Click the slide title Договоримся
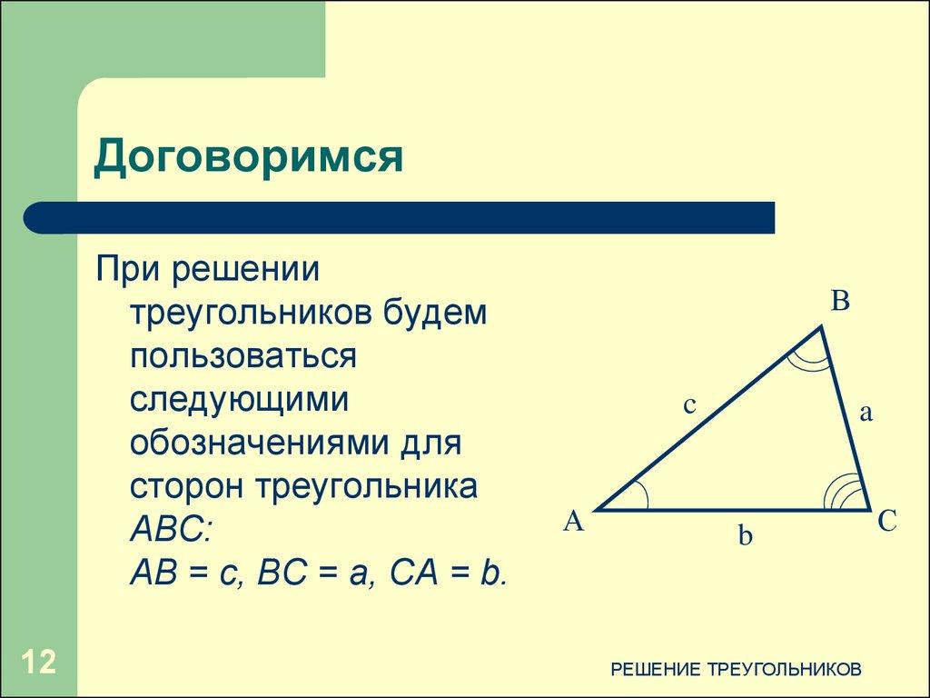pyautogui.click(x=248, y=157)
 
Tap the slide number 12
pyautogui.click(x=39, y=662)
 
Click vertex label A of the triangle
pyautogui.click(x=573, y=522)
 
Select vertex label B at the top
pyautogui.click(x=840, y=302)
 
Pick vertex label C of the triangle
pyautogui.click(x=886, y=522)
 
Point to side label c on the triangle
pyautogui.click(x=689, y=405)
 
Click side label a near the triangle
pyautogui.click(x=866, y=414)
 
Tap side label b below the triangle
pyautogui.click(x=745, y=537)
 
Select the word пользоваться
pyautogui.click(x=242, y=356)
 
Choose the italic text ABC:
pyautogui.click(x=170, y=529)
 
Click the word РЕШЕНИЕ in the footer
pyautogui.click(x=654, y=670)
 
